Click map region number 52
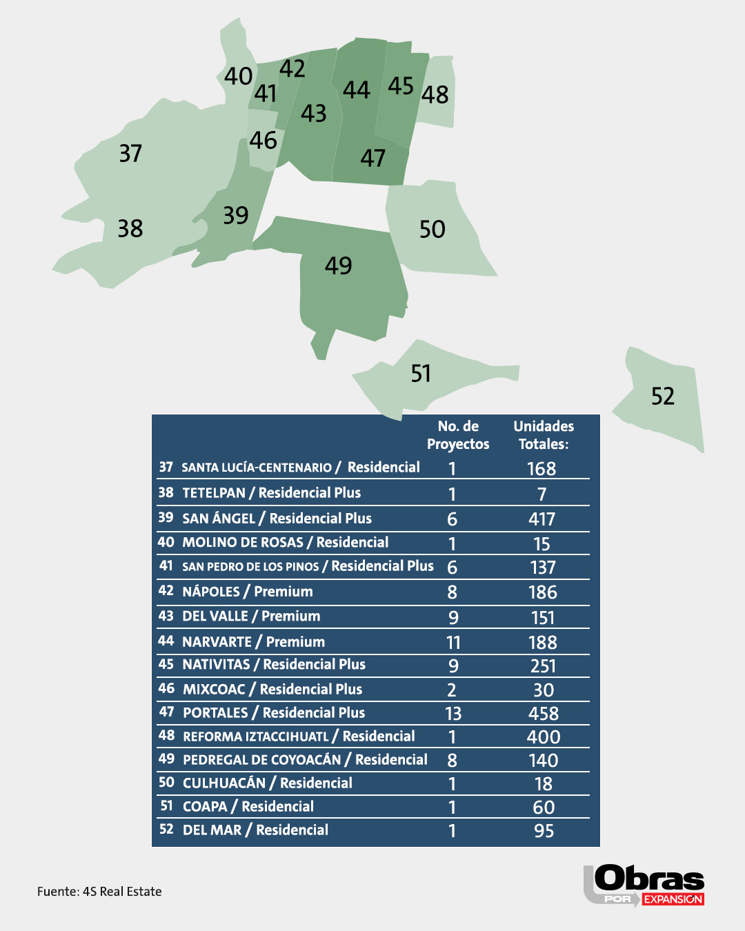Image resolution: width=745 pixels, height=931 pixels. click(662, 397)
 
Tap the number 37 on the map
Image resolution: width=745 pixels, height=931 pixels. click(130, 153)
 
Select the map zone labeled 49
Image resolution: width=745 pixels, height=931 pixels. click(338, 266)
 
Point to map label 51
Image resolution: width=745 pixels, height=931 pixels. click(421, 374)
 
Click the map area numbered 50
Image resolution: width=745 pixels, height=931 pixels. click(433, 230)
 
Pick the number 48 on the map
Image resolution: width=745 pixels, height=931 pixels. click(435, 94)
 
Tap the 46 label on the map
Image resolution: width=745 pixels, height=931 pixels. click(264, 141)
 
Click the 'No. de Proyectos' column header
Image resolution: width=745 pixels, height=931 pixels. click(458, 435)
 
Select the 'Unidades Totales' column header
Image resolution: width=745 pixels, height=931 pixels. click(544, 435)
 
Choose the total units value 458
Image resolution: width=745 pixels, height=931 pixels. click(543, 714)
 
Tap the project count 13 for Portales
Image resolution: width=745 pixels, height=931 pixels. click(453, 714)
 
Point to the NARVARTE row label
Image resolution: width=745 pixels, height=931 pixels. click(217, 642)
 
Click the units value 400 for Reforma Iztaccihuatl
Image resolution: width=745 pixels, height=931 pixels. click(543, 737)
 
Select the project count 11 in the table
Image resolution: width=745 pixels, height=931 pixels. click(453, 643)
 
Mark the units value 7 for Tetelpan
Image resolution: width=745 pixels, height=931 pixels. click(542, 494)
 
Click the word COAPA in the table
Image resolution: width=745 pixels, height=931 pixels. click(205, 807)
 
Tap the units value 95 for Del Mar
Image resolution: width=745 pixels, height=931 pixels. click(544, 831)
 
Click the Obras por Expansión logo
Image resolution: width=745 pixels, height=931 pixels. click(644, 885)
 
